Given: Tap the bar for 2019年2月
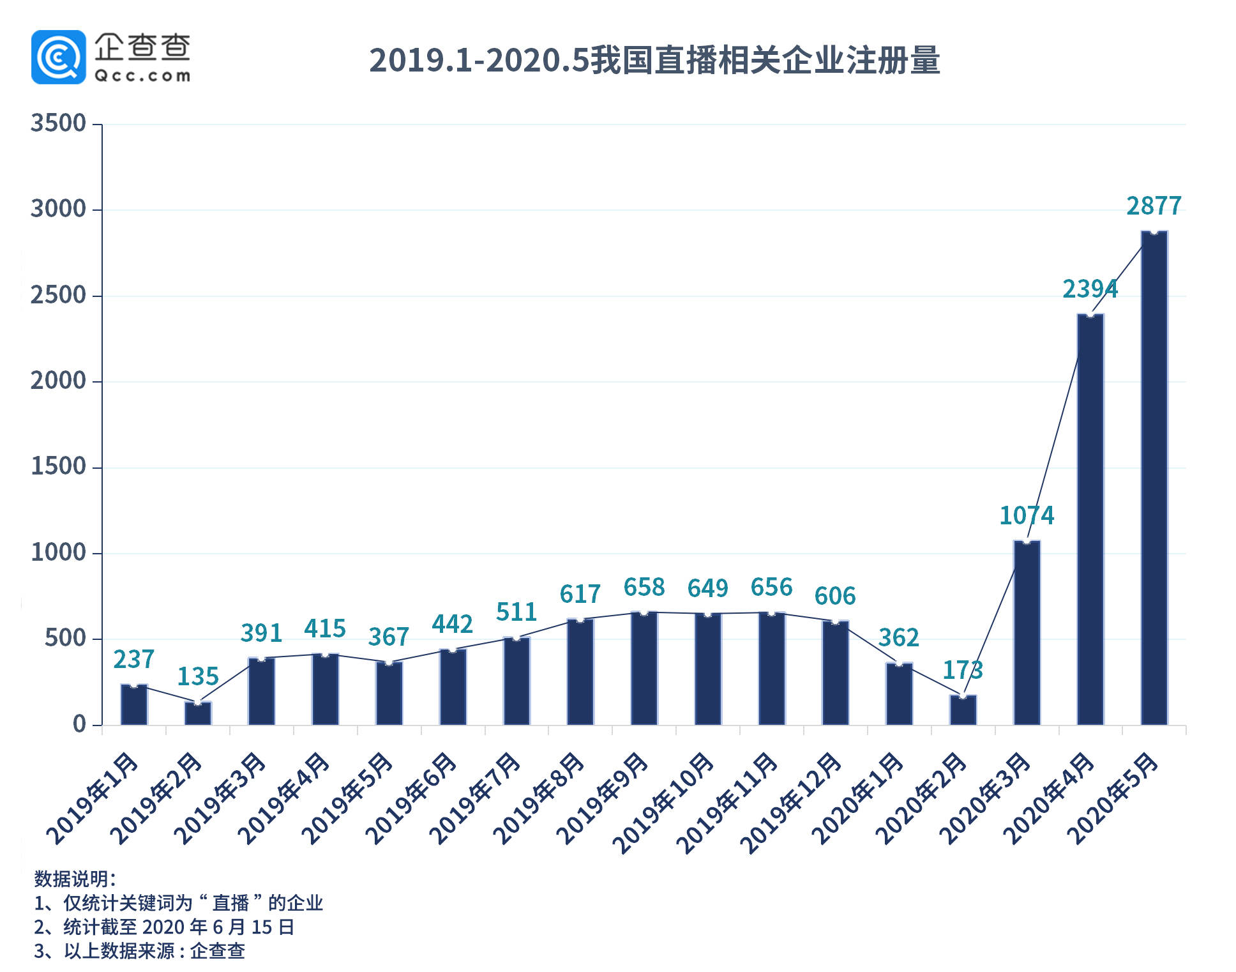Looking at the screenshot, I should pyautogui.click(x=198, y=713).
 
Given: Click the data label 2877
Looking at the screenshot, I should pyautogui.click(x=1154, y=206).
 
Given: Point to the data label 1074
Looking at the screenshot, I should pyautogui.click(x=1027, y=515).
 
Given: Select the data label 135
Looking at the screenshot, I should pyautogui.click(x=198, y=676).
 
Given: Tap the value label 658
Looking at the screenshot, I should pyautogui.click(x=644, y=587).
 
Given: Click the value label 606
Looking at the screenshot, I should pyautogui.click(x=834, y=596).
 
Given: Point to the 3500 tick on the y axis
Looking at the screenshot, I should pyautogui.click(x=58, y=123).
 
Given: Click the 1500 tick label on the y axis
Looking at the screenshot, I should pyautogui.click(x=58, y=467).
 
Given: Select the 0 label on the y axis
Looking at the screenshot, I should pyautogui.click(x=79, y=724).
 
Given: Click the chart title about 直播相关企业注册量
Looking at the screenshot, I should pyautogui.click(x=654, y=60).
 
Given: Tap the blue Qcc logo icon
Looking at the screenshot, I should pyautogui.click(x=58, y=57).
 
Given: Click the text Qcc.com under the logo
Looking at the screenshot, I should pyautogui.click(x=142, y=76).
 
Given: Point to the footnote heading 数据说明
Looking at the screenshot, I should pyautogui.click(x=75, y=879).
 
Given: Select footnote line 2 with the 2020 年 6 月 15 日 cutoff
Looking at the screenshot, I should pyautogui.click(x=164, y=927).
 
